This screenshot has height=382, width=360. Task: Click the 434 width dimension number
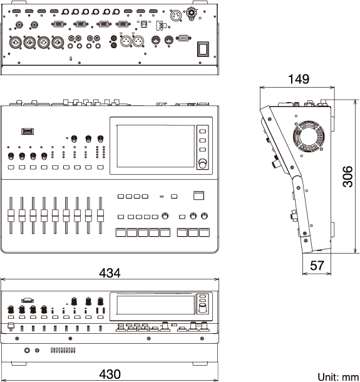click(110, 273)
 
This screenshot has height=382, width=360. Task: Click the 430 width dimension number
click(110, 374)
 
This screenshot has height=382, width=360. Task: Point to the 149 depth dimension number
click(299, 79)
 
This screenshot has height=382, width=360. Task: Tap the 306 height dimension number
click(347, 177)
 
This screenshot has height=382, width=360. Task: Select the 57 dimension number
click(317, 266)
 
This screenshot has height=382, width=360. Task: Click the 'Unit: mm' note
click(338, 376)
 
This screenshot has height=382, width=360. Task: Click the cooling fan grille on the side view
click(309, 136)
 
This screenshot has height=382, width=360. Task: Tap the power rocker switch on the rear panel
click(203, 49)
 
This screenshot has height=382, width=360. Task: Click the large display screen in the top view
click(156, 146)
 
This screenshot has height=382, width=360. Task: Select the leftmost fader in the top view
click(11, 215)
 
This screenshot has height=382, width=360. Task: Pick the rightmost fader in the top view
click(100, 215)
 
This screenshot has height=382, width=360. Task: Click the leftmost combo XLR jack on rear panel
click(15, 42)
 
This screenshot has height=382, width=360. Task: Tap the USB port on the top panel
click(28, 132)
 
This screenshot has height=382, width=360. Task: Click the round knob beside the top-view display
click(203, 163)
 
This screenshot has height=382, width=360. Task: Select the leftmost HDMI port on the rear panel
click(16, 11)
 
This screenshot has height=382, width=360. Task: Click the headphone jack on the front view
click(28, 350)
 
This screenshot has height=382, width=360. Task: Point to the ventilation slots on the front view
click(63, 350)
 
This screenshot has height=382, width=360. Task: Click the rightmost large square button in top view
click(204, 232)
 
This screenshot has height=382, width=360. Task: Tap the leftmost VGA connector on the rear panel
click(58, 24)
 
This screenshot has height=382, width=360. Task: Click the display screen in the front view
click(156, 304)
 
